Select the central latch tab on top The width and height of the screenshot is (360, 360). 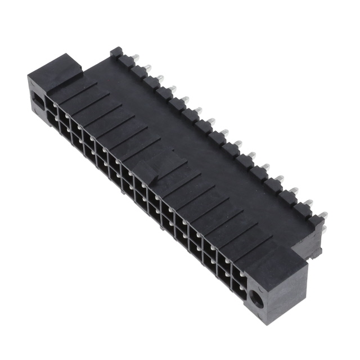[x=151, y=169]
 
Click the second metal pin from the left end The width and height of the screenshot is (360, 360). [x=147, y=68]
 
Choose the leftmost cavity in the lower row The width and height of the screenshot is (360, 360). [x=50, y=119]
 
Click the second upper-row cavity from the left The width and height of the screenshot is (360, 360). [x=64, y=116]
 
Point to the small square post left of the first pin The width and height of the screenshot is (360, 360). [x=116, y=52]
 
